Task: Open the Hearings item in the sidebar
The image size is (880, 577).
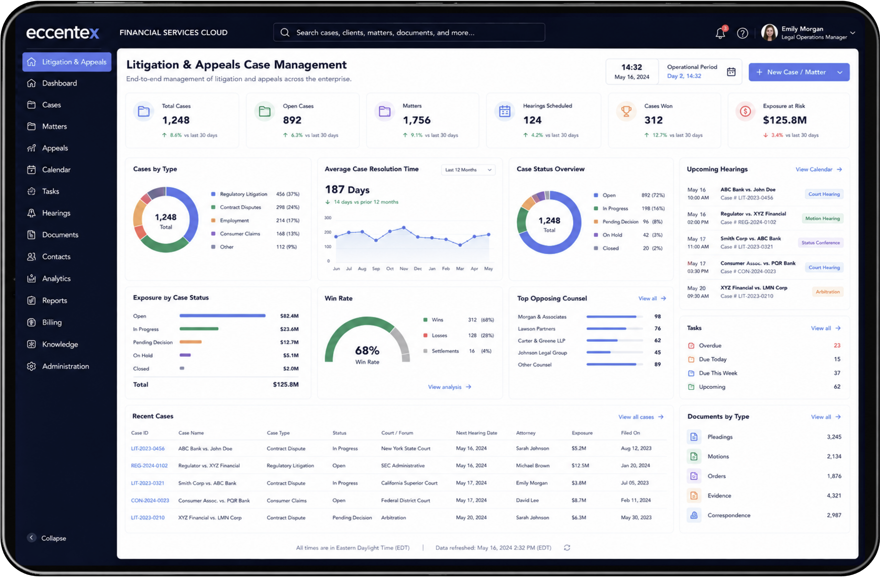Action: click(56, 213)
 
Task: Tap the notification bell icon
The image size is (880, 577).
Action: click(720, 33)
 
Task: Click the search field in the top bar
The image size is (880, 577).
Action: click(409, 33)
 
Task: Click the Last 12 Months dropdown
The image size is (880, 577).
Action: click(468, 170)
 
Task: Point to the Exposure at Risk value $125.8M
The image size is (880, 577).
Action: click(784, 120)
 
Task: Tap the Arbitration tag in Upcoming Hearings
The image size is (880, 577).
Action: click(827, 292)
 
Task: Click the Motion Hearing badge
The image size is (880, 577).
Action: click(822, 219)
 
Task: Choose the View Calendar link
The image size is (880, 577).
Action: click(818, 169)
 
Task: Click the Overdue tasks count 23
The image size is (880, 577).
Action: click(837, 345)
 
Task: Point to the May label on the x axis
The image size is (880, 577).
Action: click(488, 269)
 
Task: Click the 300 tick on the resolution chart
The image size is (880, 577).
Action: click(328, 218)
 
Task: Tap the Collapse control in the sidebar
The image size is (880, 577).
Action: click(47, 538)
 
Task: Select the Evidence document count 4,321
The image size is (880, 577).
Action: click(834, 496)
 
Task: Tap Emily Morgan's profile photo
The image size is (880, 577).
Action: click(769, 33)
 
